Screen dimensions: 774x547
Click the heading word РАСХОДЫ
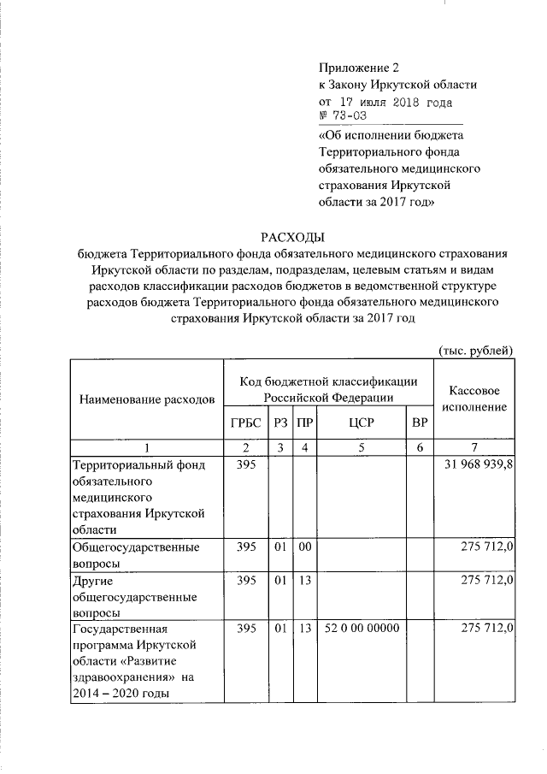(293, 237)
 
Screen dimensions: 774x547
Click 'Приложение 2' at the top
(358, 68)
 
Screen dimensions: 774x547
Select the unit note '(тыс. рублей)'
(475, 350)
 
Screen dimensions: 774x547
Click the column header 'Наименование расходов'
(146, 399)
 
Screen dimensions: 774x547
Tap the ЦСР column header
(362, 423)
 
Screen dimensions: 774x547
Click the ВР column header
(419, 423)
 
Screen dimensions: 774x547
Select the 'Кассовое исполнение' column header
(474, 399)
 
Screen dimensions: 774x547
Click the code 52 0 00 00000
(362, 629)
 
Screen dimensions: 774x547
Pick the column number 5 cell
(362, 447)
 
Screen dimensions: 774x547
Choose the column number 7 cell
(474, 447)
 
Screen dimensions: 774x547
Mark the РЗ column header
(279, 423)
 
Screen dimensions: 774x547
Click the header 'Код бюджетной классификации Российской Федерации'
(328, 389)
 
